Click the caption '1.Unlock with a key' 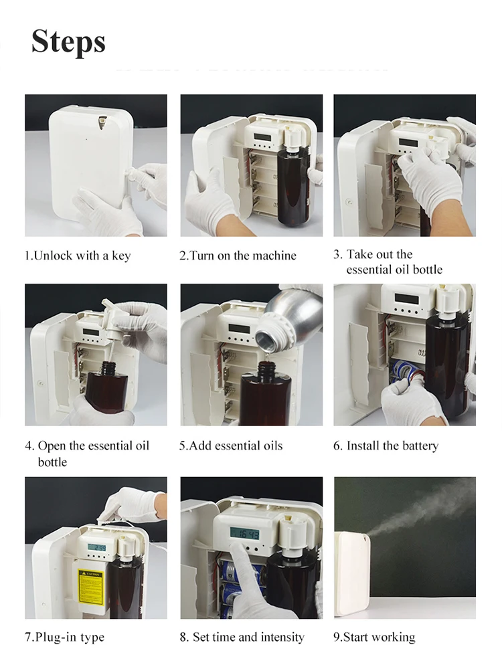[x=78, y=256]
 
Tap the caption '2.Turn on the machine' [x=237, y=256]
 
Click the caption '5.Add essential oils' [x=231, y=446]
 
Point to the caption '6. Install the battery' [x=386, y=446]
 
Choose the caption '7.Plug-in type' [x=65, y=637]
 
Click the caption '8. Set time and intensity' [x=242, y=637]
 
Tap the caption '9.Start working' [x=374, y=637]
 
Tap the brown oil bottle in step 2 [x=290, y=187]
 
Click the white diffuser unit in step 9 [x=351, y=572]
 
